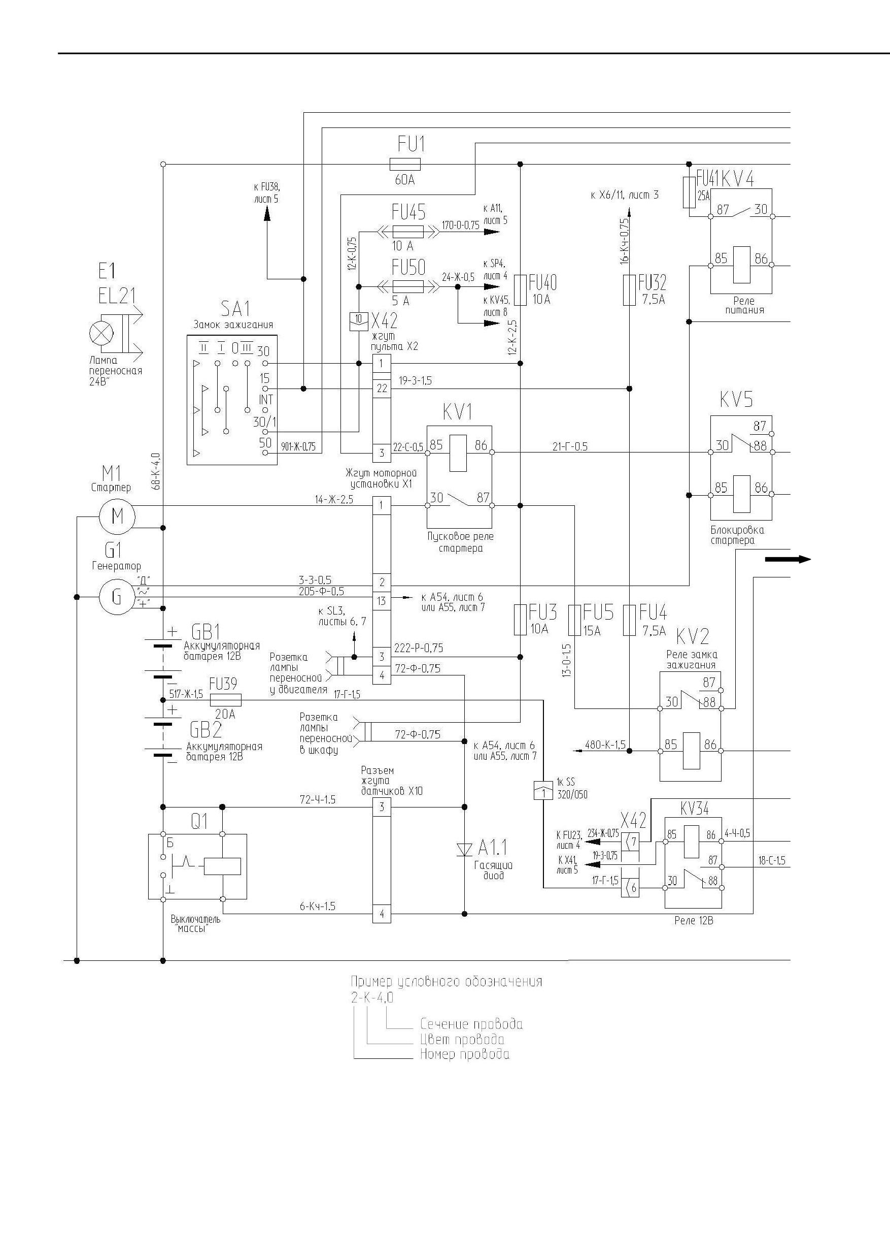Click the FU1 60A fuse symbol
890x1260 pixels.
point(405,164)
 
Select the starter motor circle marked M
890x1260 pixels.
point(117,516)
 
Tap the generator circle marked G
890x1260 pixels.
point(117,597)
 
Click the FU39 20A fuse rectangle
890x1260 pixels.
point(226,700)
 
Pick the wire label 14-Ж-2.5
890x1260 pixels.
point(334,499)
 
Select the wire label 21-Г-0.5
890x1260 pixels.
point(570,447)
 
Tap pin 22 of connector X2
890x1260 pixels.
point(382,389)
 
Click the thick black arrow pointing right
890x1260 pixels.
point(788,559)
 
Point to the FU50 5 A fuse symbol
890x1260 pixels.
point(408,286)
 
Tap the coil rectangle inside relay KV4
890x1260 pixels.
point(741,265)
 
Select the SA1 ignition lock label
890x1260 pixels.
point(235,309)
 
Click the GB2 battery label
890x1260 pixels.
point(206,730)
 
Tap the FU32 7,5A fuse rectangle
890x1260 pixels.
point(630,290)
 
